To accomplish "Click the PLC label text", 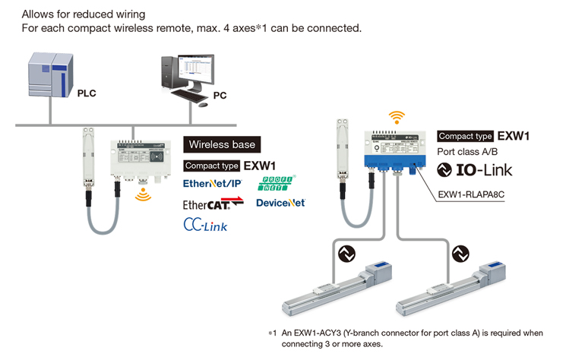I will (x=87, y=93).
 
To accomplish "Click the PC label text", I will (x=220, y=96).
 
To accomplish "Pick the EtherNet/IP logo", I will (x=213, y=184).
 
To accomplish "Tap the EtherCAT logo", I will (x=213, y=204).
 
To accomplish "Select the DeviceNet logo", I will (x=280, y=203).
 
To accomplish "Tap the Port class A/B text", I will (x=466, y=152).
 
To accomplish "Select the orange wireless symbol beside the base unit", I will (x=142, y=197).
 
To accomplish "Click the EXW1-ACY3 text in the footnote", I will (x=311, y=333).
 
